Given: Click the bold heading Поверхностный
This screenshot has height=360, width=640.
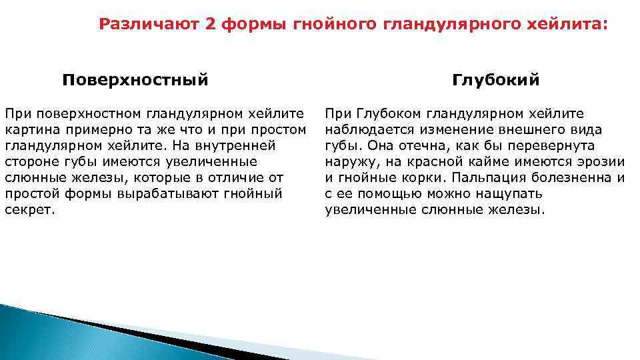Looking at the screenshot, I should (x=135, y=80).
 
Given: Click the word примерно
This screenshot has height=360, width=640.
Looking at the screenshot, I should (x=96, y=129).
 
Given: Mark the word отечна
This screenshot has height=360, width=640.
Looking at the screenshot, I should (x=413, y=145).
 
